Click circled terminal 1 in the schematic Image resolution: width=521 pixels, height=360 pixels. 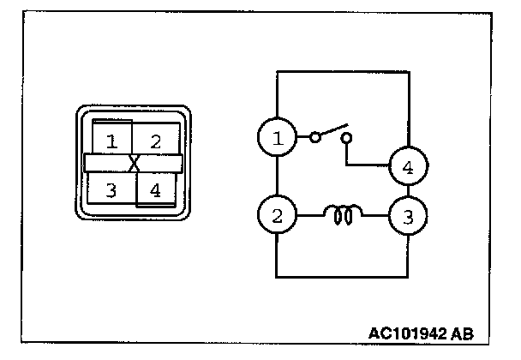click(277, 136)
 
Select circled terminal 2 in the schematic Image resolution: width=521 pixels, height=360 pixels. click(277, 215)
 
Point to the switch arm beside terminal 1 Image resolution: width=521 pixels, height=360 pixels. click(331, 129)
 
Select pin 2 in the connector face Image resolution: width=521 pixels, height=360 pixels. click(155, 141)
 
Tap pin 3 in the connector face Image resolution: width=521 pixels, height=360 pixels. click(111, 189)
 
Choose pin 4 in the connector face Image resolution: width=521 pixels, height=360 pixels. click(155, 189)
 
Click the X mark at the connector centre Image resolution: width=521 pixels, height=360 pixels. click(134, 163)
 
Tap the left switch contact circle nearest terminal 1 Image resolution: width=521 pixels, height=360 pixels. click(315, 136)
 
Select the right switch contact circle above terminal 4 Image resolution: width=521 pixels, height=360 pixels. click(346, 137)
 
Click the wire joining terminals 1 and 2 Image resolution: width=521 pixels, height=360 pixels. click(277, 176)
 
